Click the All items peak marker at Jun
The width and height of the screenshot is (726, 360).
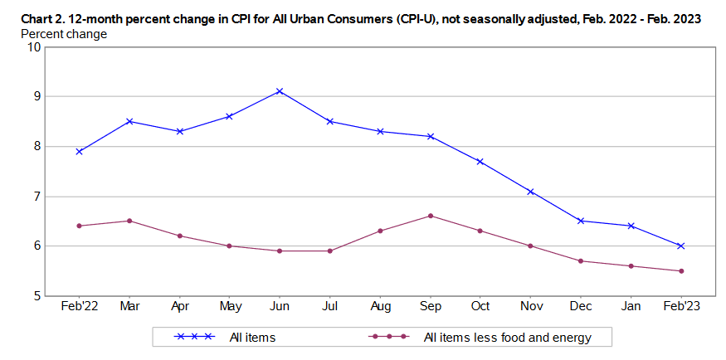pos(280,91)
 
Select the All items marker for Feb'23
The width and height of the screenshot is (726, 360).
pos(680,246)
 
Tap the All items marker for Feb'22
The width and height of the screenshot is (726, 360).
pos(78,152)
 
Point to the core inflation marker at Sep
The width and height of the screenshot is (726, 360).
pos(430,216)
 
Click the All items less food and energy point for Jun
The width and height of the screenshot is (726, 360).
pos(280,251)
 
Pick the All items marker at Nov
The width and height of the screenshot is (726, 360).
pos(530,192)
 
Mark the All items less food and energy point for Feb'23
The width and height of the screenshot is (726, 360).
pos(680,270)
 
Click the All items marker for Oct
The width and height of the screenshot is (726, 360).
pos(480,162)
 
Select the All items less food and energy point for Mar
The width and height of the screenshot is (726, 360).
pos(129,221)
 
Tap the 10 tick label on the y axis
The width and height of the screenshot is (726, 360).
pos(34,46)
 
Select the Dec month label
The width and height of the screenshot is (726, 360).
pos(580,306)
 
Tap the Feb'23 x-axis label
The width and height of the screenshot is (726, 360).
pos(680,306)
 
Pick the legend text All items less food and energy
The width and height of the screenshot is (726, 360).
pos(506,337)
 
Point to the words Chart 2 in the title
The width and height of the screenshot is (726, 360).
pos(38,18)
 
